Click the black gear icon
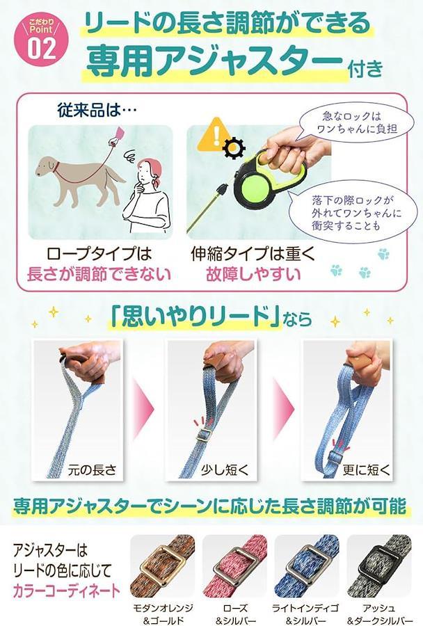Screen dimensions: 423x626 233,147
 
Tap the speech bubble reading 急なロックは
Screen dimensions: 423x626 351,122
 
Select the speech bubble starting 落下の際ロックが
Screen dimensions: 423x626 351,212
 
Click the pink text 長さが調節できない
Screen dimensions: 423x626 98,274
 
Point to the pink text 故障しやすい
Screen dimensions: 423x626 253,274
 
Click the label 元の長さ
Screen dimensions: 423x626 92,469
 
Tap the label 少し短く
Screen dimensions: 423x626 225,469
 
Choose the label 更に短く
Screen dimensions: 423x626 366,469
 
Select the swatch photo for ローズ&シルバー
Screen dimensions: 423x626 234,566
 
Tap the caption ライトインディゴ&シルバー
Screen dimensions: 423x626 305,614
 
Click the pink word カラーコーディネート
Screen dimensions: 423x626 66,591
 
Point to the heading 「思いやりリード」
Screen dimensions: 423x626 195,317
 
